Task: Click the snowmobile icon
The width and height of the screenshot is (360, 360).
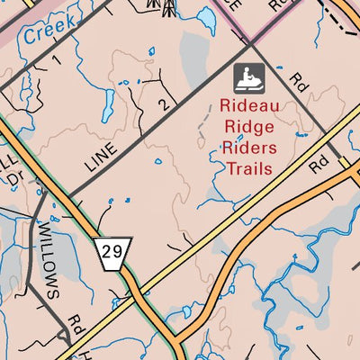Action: tap(249, 78)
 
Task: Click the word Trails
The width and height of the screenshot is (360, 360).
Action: tap(249, 167)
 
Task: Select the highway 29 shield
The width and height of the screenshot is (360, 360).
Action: tap(112, 253)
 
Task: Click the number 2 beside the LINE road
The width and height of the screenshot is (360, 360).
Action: tap(163, 104)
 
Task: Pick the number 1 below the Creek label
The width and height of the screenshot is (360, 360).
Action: tap(55, 61)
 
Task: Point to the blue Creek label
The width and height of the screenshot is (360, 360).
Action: tap(45, 34)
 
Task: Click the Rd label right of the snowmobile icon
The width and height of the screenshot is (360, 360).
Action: tap(300, 82)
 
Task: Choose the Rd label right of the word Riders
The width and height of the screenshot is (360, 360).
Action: tap(316, 166)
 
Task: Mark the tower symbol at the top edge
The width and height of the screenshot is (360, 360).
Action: tap(167, 7)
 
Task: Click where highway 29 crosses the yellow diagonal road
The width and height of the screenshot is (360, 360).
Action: tap(136, 297)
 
